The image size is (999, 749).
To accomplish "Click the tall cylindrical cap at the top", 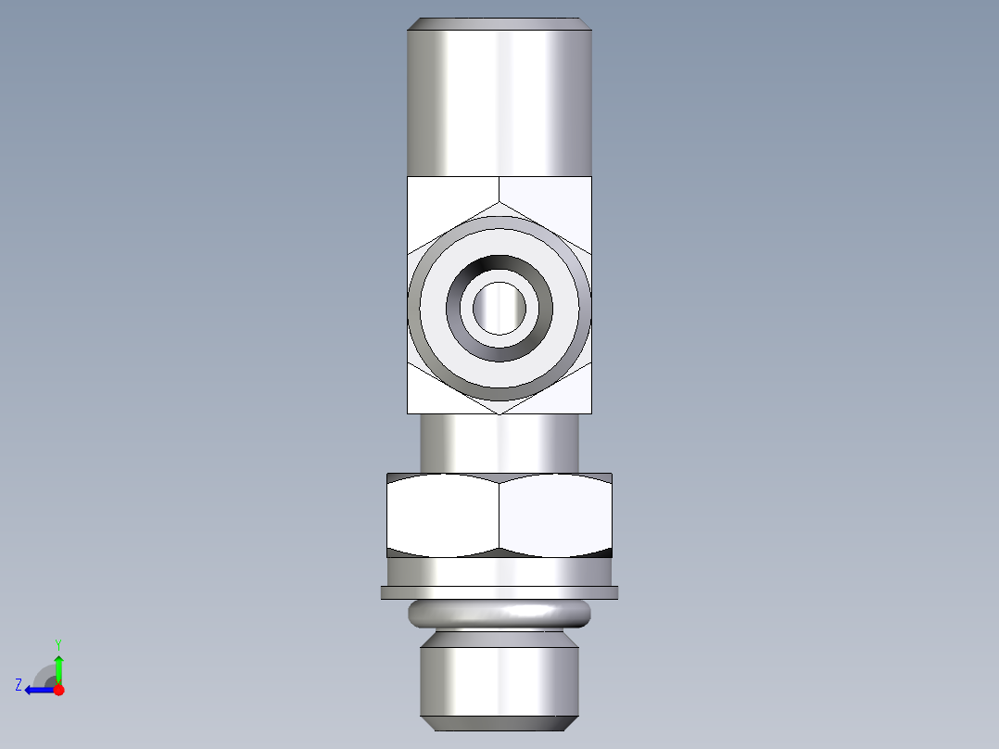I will coord(499,102).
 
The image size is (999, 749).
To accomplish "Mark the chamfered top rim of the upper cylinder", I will coord(499,23).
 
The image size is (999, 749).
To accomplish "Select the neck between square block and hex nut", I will coord(499,443).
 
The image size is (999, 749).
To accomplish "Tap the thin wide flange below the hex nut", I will coord(499,592).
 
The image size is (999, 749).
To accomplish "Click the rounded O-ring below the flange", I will coord(499,613).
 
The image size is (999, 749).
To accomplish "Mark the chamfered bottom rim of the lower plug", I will coord(499,722).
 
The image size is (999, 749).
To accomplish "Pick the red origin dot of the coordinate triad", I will coord(58,690).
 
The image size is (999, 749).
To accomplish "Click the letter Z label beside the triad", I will coord(19,684).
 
